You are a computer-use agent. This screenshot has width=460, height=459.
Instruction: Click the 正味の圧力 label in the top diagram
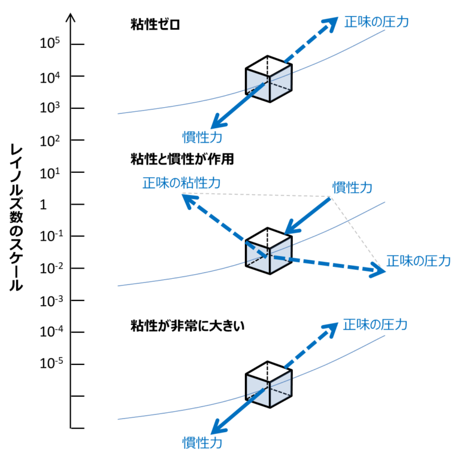coord(376,22)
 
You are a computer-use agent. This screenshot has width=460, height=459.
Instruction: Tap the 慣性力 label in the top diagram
coord(202,137)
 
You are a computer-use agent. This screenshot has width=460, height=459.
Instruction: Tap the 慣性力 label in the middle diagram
coord(352,188)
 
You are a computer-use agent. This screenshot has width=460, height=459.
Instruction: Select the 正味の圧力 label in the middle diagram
coord(417,261)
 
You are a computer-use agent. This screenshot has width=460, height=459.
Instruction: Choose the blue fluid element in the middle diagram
coord(269,256)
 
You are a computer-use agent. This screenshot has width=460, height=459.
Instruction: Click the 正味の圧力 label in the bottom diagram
coord(375,325)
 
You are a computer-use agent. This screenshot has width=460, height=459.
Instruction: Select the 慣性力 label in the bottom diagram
coord(202,443)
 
